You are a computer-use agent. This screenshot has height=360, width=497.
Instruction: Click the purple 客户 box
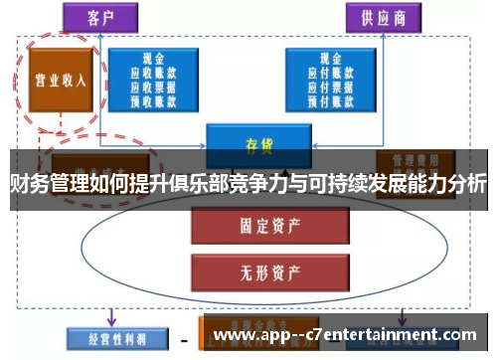pos(101,18)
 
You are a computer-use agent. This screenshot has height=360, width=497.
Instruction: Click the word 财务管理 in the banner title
pos(49,183)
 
